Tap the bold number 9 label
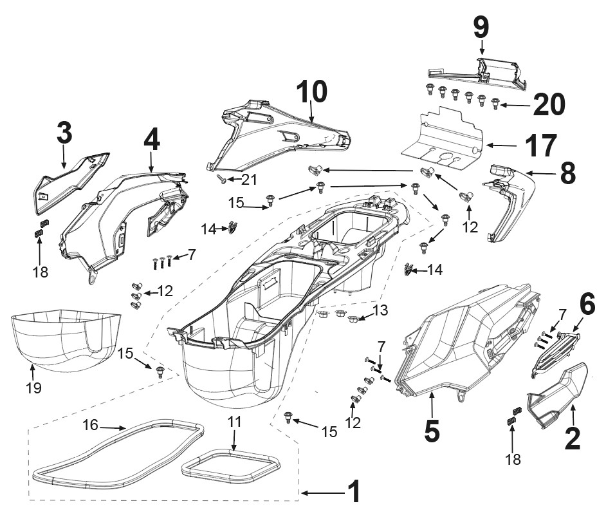(x=481, y=28)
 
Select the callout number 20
(x=549, y=105)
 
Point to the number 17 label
(x=540, y=146)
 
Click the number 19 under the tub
(x=33, y=388)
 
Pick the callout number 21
(x=249, y=180)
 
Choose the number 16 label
(x=91, y=425)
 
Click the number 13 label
(x=380, y=310)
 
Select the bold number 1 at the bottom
(x=354, y=491)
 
